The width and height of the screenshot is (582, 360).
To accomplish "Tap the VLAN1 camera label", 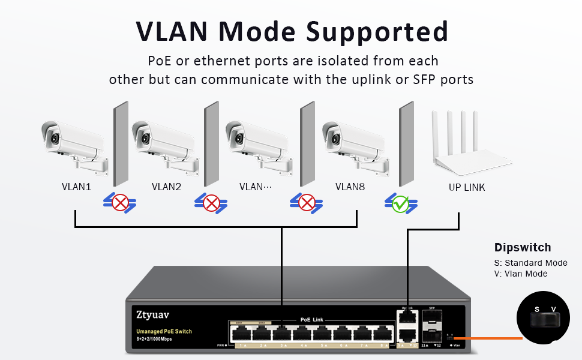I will (76, 187).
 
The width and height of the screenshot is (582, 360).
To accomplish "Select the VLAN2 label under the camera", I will (166, 187).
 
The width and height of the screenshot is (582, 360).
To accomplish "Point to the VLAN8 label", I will (350, 187).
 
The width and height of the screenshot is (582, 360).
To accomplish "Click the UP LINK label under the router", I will (467, 187).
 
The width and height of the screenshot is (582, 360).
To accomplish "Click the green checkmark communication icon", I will (400, 204).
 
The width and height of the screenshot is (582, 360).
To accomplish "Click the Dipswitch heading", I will (522, 247).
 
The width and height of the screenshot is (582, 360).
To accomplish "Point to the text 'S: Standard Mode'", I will (530, 263).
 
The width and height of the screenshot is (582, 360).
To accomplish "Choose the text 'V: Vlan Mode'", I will (521, 274).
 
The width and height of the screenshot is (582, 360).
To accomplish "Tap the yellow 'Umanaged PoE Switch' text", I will (164, 331).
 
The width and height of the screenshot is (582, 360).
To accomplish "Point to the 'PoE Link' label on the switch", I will (311, 320).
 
